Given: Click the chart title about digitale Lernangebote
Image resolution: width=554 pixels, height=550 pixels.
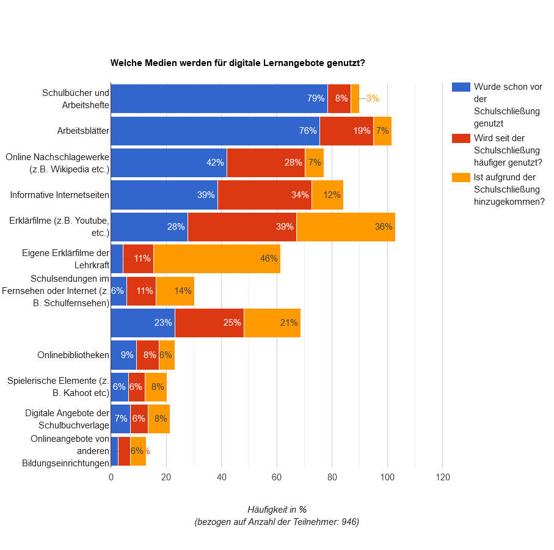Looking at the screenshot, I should click(x=238, y=63).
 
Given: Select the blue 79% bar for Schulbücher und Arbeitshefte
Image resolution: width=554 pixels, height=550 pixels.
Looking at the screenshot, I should click(x=219, y=98).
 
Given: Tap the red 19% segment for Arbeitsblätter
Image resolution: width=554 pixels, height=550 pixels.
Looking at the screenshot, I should click(x=346, y=131).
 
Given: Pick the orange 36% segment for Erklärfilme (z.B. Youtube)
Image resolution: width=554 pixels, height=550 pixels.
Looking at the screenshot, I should click(x=346, y=227).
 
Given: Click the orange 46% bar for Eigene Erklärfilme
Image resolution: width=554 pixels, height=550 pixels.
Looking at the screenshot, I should click(x=217, y=258).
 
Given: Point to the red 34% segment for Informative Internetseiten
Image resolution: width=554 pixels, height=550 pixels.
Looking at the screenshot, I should click(x=264, y=195).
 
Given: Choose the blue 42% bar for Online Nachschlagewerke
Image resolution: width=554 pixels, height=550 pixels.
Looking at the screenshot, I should click(x=169, y=163).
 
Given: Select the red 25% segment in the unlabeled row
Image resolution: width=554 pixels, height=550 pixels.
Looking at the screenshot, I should click(x=209, y=323).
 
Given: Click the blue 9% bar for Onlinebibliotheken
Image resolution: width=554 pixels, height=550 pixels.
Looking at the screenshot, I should click(x=123, y=355).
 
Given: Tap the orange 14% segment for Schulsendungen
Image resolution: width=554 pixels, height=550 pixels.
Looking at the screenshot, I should click(x=175, y=291).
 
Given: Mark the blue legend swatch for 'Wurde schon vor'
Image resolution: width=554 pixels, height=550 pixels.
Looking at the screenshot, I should click(x=461, y=87).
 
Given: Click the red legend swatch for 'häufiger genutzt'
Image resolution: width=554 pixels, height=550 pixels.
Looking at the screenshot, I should click(x=461, y=138).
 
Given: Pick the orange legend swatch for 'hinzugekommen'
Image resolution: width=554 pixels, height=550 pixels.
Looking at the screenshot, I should click(x=461, y=177).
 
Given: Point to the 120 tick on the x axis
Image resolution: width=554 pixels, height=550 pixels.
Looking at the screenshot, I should click(x=442, y=477).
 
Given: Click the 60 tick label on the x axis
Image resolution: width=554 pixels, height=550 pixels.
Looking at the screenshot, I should click(x=277, y=477).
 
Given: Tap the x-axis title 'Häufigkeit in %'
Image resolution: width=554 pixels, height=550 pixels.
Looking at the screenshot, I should click(x=277, y=509).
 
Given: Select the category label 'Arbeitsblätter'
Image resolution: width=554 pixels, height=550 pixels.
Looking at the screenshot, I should click(x=83, y=131).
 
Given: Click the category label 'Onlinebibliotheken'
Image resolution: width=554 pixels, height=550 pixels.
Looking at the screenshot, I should click(x=73, y=355).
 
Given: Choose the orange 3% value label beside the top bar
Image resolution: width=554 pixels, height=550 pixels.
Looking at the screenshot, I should click(x=373, y=98).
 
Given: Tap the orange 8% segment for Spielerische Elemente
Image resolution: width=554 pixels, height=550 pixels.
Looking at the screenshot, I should click(x=156, y=387).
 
